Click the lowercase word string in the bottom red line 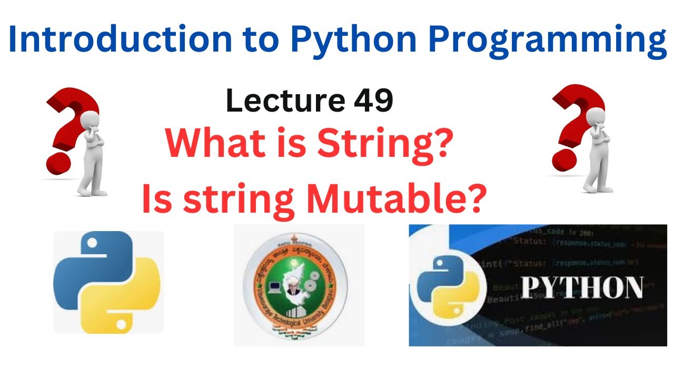click(x=238, y=201)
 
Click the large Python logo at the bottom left click(x=107, y=281)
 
